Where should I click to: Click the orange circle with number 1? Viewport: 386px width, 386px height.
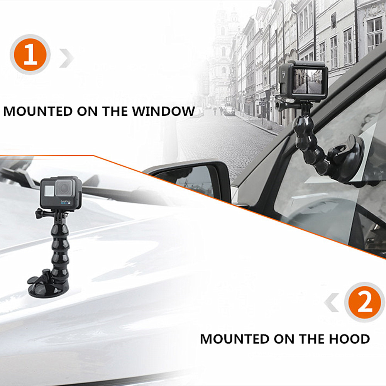pyautogui.click(x=30, y=55)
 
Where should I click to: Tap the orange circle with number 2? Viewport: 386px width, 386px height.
pyautogui.click(x=365, y=302)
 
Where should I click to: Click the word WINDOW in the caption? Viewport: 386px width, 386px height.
pyautogui.click(x=163, y=111)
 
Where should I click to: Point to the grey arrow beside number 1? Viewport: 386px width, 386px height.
pyautogui.click(x=66, y=58)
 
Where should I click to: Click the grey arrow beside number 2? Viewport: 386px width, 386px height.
pyautogui.click(x=332, y=303)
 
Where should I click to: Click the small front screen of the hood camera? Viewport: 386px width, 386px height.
pyautogui.click(x=49, y=191)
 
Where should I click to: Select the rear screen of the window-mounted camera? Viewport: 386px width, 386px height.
pyautogui.click(x=307, y=81)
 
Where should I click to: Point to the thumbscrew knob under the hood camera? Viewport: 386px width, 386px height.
pyautogui.click(x=40, y=213)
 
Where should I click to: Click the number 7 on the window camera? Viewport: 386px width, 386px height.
pyautogui.click(x=284, y=74)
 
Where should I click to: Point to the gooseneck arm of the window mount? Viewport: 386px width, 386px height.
pyautogui.click(x=310, y=143)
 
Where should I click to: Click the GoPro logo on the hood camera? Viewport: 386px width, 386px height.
pyautogui.click(x=66, y=202)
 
